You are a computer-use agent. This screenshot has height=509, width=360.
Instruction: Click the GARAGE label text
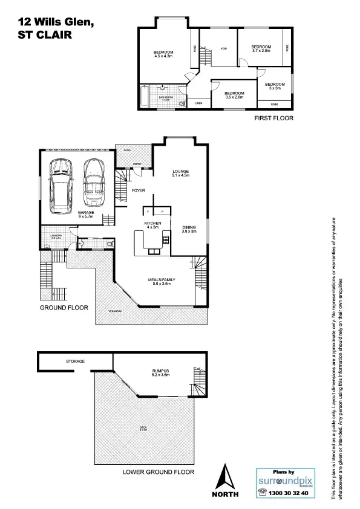(x=85, y=213)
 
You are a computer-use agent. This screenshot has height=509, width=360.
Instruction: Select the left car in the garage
(x=61, y=186)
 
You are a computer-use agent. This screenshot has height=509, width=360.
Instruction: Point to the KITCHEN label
(x=152, y=224)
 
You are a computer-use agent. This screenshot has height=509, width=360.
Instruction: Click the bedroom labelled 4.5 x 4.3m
(x=163, y=54)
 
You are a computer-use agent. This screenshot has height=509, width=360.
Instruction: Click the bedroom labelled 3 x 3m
(x=275, y=86)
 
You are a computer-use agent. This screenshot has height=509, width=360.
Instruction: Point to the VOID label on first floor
(x=223, y=48)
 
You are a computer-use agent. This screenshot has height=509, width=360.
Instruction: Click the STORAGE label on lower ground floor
(x=76, y=361)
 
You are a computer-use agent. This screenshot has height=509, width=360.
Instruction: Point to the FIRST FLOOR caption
(x=273, y=118)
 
